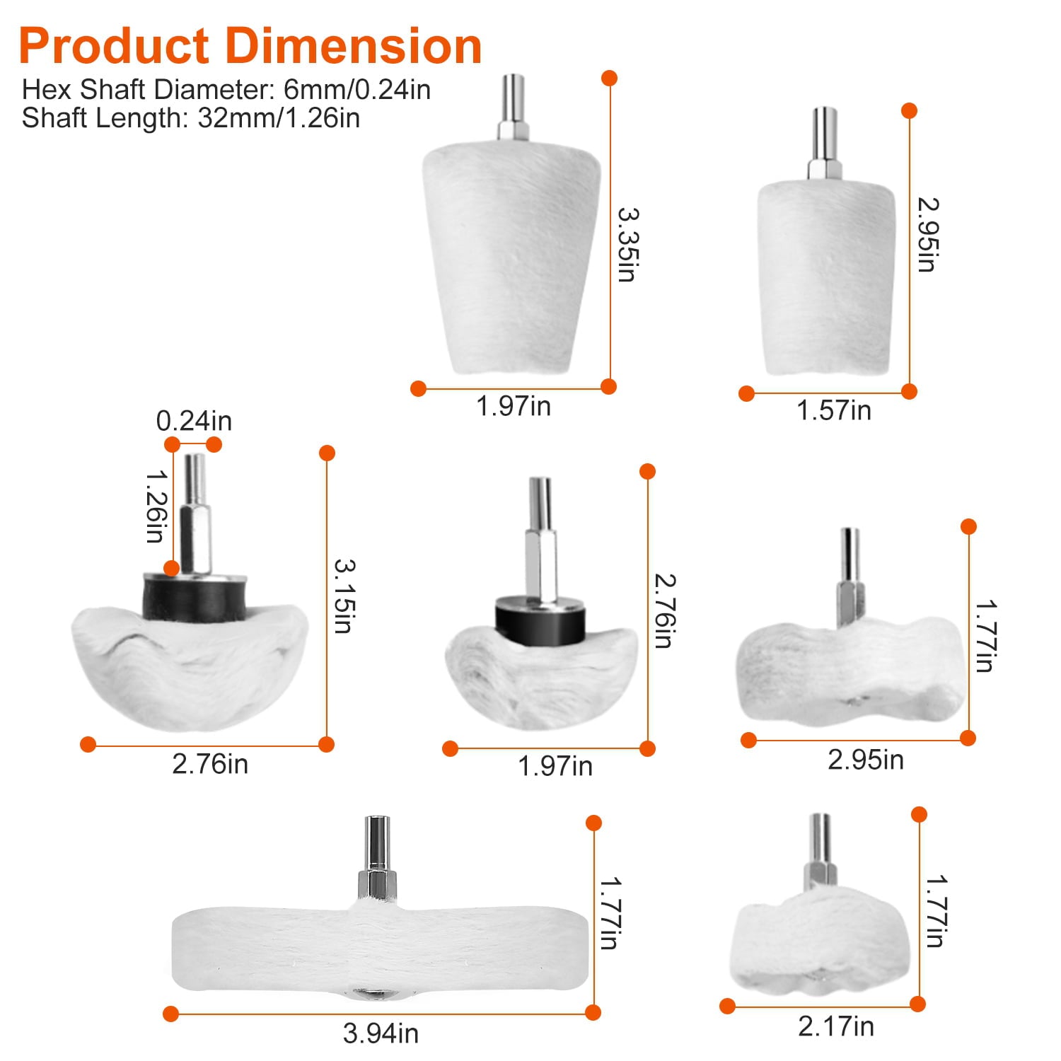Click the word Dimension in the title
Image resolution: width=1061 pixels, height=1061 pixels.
354,46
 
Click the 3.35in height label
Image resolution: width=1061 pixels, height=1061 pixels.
627,245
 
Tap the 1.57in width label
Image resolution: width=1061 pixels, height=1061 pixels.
834,410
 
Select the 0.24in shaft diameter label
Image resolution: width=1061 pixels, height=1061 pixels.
194,421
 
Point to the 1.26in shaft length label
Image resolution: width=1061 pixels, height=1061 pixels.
157,506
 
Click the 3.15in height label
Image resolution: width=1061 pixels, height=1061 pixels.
344,596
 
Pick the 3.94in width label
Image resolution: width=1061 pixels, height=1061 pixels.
381,1033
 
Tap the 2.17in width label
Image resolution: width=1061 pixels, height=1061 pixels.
836,1026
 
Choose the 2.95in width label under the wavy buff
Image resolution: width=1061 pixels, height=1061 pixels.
866,760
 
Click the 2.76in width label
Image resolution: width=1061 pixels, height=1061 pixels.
210,764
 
